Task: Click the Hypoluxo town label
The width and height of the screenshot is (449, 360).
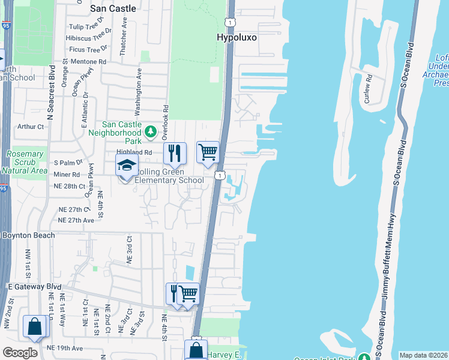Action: click(237, 37)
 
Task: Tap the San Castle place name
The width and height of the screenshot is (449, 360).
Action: click(113, 8)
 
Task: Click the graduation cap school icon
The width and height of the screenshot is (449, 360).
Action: click(127, 165)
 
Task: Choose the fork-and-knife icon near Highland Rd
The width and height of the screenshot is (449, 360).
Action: click(175, 153)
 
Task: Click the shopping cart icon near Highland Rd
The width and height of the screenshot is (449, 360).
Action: click(208, 152)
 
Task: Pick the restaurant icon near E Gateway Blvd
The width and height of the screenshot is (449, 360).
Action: click(174, 293)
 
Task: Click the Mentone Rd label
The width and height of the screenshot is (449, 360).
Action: click(88, 61)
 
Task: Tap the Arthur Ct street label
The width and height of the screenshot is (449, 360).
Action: click(31, 127)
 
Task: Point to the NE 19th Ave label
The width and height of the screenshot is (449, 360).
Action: click(64, 348)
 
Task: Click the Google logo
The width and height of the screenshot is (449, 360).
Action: click(20, 353)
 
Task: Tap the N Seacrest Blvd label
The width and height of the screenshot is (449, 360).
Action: click(51, 97)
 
